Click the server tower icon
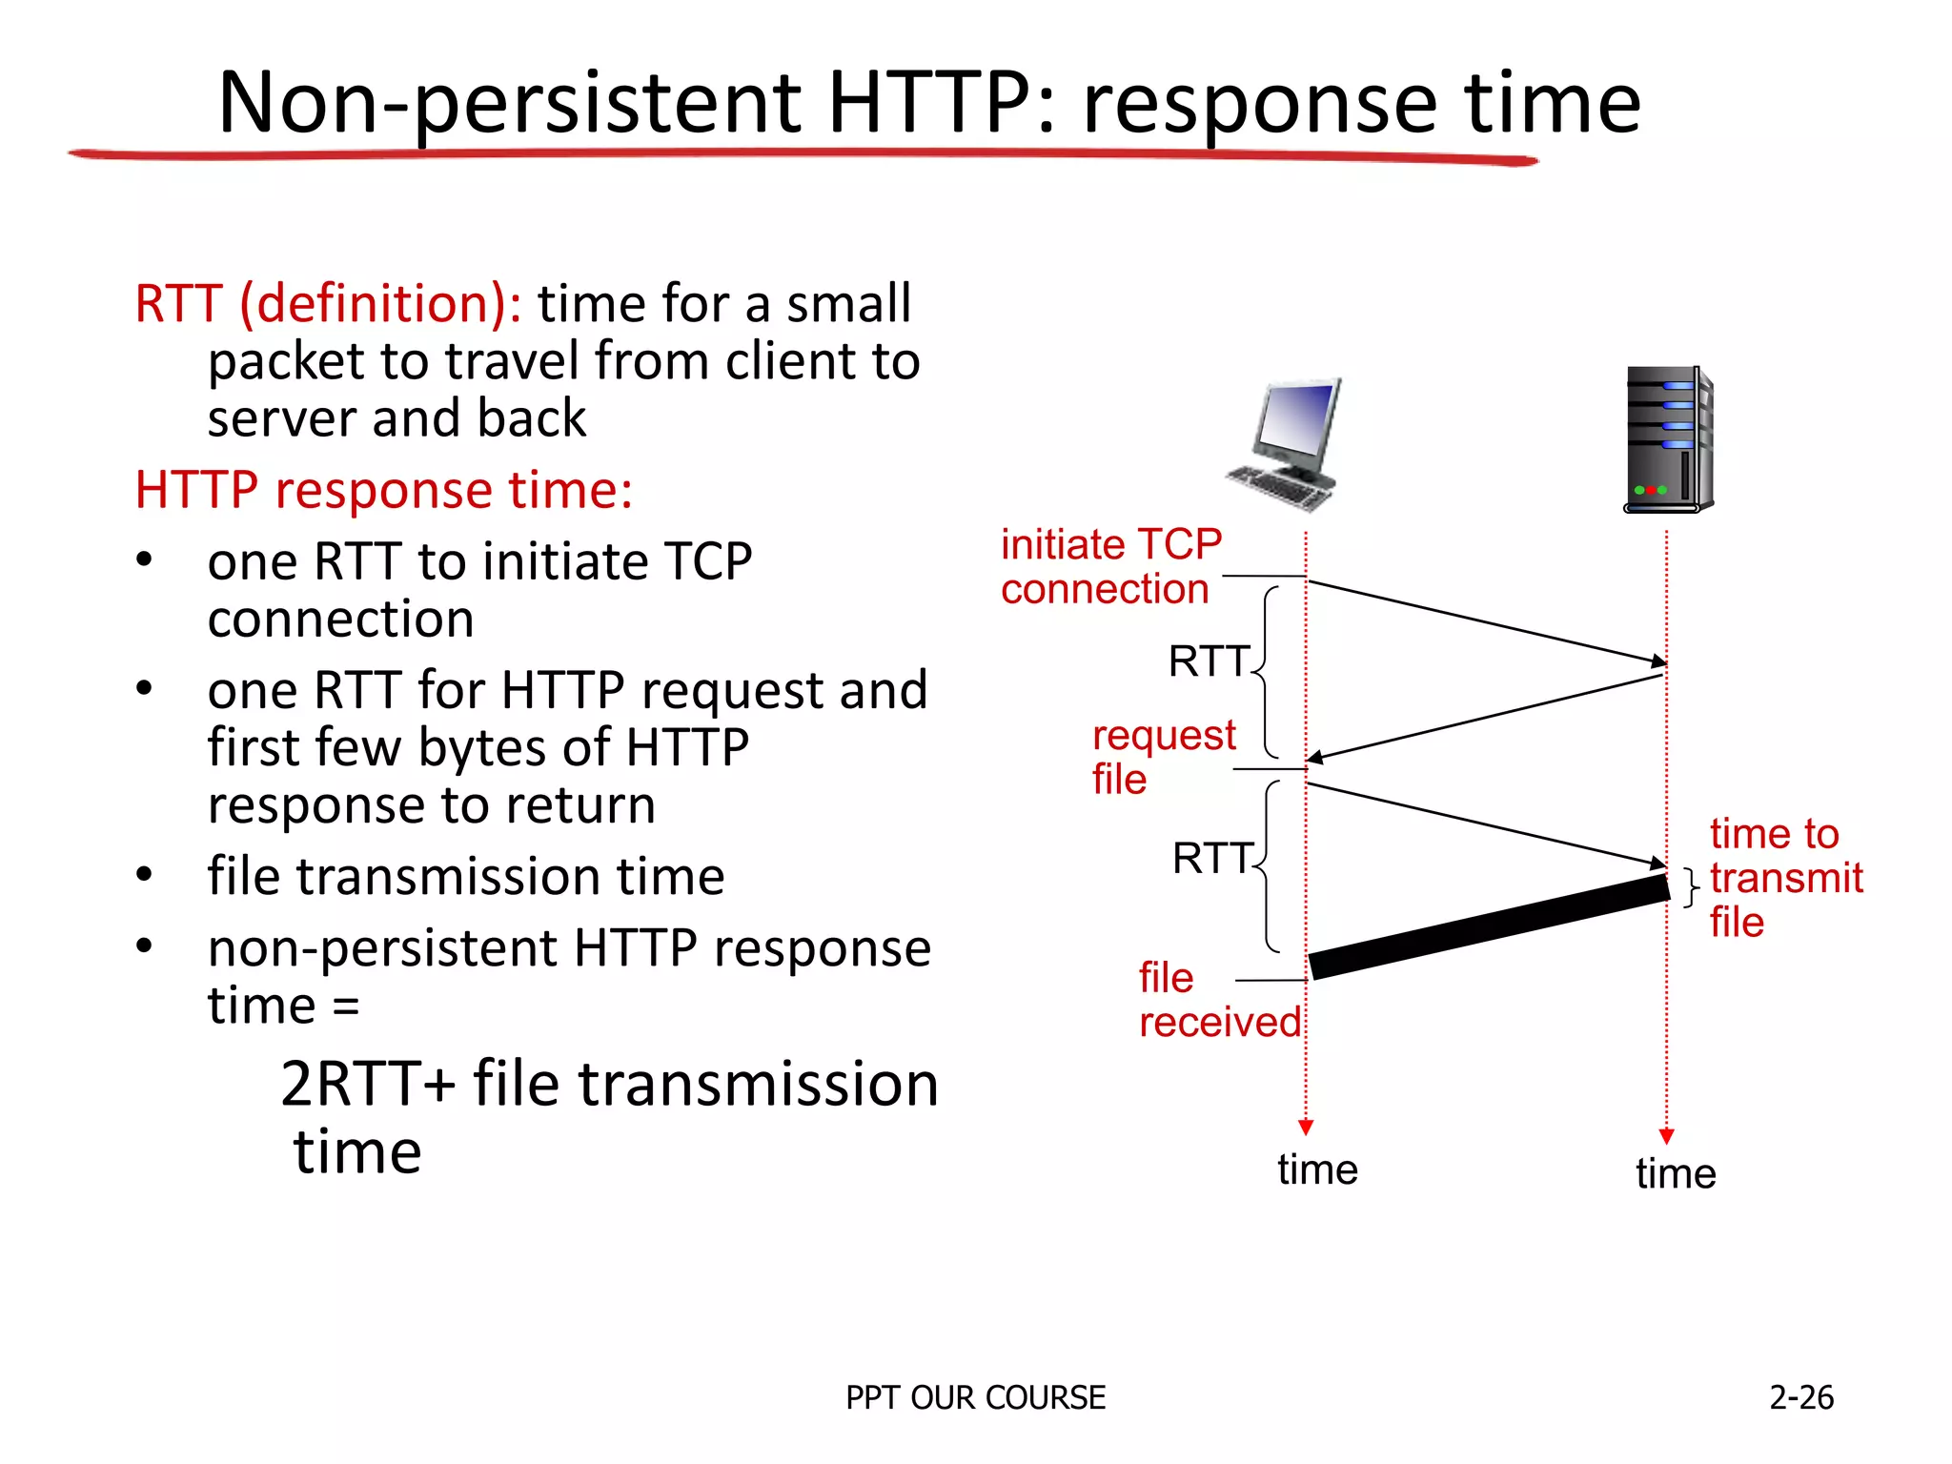1669,439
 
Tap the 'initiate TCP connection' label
1109,567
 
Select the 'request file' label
1162,757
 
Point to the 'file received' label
1217,1000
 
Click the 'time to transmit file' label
1784,878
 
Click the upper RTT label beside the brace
1208,661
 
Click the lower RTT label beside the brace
1211,859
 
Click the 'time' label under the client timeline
1317,1169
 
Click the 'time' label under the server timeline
1675,1173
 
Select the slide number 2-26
1800,1397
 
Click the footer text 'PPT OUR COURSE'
975,1397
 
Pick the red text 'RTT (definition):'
328,304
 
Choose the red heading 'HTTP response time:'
383,490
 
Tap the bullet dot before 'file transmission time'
144,874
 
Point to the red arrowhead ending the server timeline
1666,1136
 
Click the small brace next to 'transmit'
1691,887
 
